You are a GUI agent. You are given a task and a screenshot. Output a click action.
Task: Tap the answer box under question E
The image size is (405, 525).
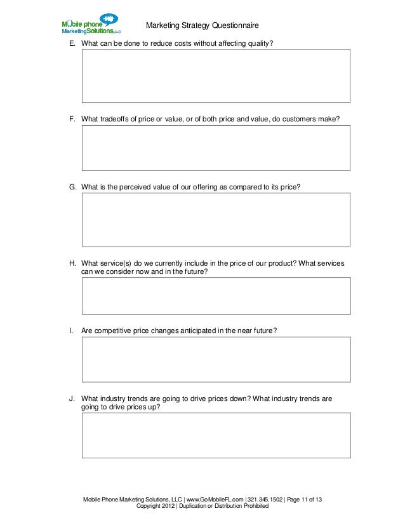click(x=216, y=76)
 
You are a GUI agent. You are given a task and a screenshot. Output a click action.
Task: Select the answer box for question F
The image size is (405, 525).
click(x=216, y=147)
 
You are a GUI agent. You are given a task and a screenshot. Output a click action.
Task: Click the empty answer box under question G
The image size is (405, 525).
click(x=216, y=219)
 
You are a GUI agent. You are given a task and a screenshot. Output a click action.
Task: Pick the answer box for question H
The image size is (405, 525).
click(x=216, y=296)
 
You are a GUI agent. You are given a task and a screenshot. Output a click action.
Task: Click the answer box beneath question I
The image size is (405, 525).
click(x=216, y=359)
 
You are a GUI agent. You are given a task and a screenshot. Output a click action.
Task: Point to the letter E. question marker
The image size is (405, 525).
click(x=72, y=43)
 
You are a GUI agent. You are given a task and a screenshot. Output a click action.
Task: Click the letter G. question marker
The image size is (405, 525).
click(x=72, y=187)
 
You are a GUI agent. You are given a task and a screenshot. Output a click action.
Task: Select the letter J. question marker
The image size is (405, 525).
click(x=72, y=399)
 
